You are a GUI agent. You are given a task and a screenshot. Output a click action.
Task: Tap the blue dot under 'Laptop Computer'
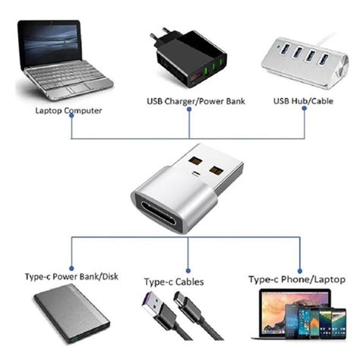tap(71, 119)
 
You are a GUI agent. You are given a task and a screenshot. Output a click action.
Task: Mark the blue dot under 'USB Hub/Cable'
tap(304, 109)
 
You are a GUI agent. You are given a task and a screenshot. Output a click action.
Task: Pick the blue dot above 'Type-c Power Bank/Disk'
tap(71, 269)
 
